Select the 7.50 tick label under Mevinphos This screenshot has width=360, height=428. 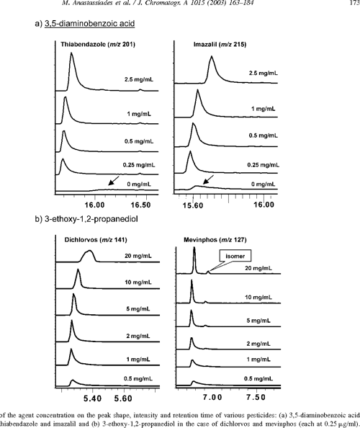point(257,397)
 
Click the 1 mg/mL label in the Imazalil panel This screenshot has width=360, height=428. point(249,109)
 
